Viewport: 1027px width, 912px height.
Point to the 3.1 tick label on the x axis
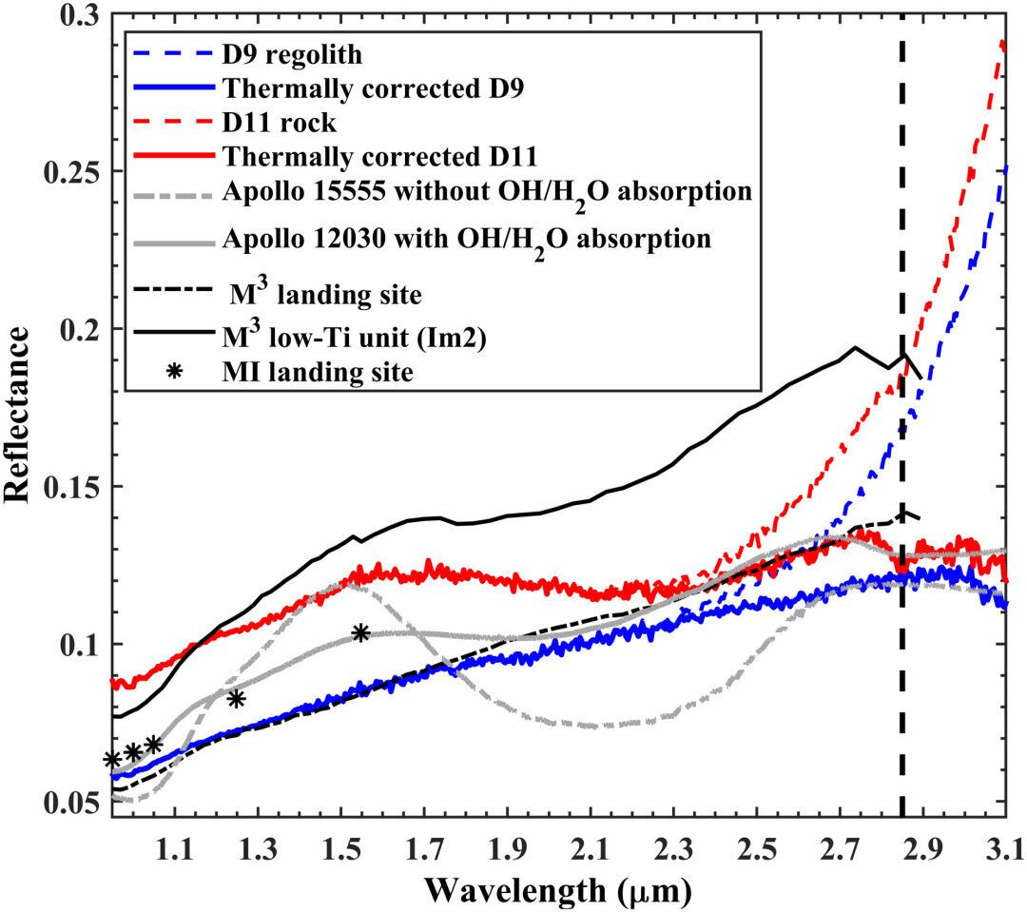1006,844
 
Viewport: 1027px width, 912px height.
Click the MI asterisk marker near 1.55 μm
360,633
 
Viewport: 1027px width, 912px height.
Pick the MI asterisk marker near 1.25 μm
236,699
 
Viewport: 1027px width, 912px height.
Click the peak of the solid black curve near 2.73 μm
855,347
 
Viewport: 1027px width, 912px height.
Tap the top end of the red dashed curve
1004,42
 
